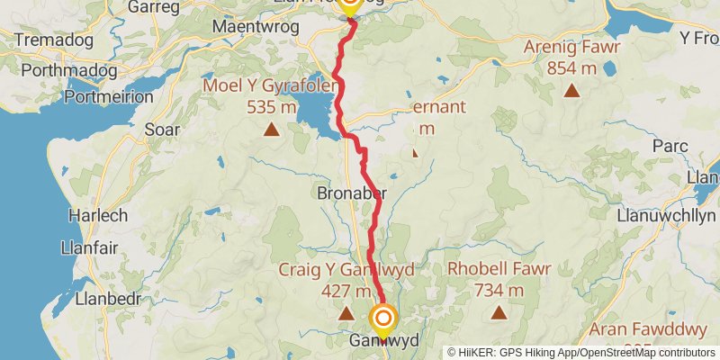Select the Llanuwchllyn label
(666, 216)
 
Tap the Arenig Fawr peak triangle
(571, 90)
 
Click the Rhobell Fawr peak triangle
(498, 313)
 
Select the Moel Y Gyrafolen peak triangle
(271, 130)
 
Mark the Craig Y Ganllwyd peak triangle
(346, 313)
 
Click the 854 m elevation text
(571, 68)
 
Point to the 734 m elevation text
(498, 291)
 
